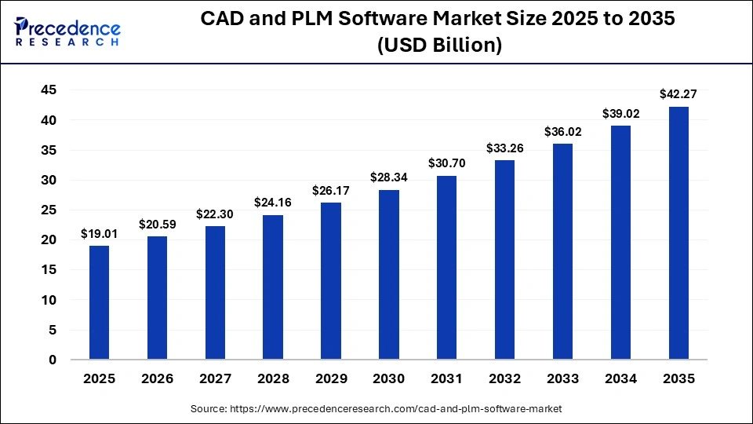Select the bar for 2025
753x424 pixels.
tap(99, 302)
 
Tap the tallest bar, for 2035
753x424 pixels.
tap(678, 233)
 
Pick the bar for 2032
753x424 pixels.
tap(504, 260)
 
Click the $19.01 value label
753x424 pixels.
tap(99, 233)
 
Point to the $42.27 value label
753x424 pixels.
tap(678, 94)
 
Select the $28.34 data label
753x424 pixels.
tap(388, 177)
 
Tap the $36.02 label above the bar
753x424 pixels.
tap(562, 132)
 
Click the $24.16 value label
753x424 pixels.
tap(273, 203)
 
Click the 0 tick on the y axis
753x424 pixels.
tap(53, 360)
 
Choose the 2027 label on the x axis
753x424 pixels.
tap(215, 378)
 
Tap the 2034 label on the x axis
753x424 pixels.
tap(620, 378)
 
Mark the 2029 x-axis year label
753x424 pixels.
tap(331, 378)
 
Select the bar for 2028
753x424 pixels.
tap(273, 287)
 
